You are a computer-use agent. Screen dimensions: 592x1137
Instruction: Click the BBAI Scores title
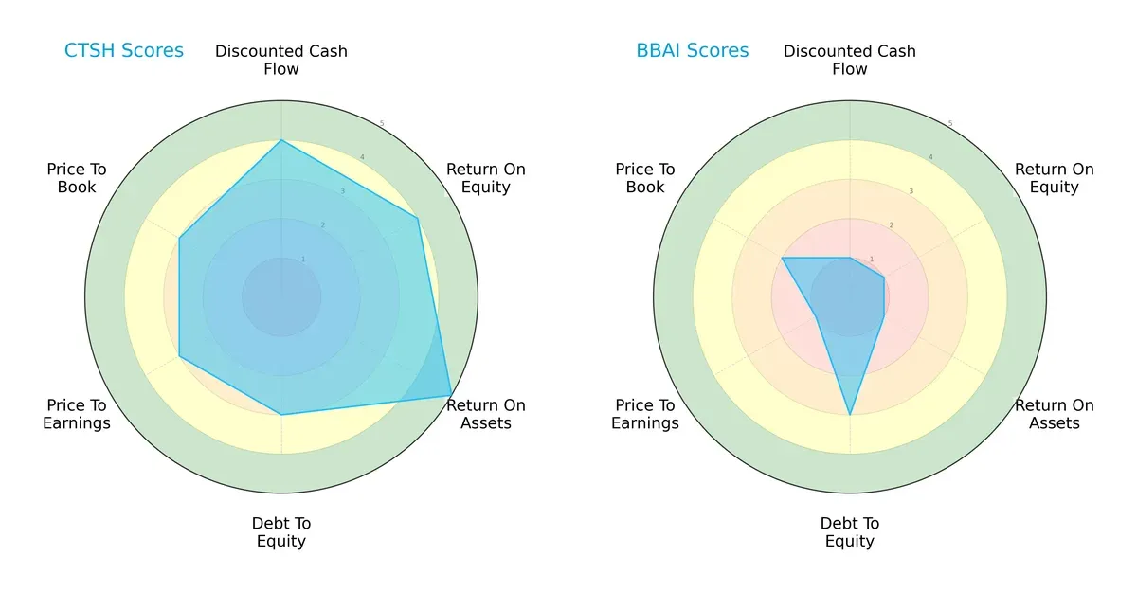tap(692, 50)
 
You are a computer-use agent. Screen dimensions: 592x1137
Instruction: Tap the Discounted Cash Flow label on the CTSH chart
tap(281, 60)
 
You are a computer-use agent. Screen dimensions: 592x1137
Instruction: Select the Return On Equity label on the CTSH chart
tap(486, 178)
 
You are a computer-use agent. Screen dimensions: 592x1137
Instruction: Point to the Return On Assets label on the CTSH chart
tap(486, 414)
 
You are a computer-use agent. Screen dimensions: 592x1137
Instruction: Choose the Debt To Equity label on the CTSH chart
tap(281, 532)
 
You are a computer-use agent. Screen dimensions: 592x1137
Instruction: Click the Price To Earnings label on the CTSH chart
tap(77, 414)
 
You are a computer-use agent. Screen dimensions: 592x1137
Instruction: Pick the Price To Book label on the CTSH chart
tap(77, 178)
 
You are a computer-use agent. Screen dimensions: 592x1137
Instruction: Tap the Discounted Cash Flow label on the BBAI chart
tap(850, 60)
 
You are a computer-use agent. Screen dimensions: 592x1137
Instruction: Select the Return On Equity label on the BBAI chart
tap(1055, 178)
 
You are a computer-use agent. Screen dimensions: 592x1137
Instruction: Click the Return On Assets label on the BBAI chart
tap(1055, 414)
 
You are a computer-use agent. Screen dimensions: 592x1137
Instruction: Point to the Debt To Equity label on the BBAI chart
tap(850, 532)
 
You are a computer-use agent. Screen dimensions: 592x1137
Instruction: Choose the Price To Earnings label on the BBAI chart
tap(645, 414)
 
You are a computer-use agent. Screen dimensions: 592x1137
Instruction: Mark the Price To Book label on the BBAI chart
tap(645, 178)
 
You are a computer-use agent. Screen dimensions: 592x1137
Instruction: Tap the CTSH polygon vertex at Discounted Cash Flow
tap(281, 141)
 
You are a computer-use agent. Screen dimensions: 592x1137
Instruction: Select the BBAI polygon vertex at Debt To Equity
tap(850, 415)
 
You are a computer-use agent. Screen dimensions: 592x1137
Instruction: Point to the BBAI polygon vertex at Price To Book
tap(783, 258)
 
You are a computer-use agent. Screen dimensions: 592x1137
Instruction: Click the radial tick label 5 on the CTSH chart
tap(382, 123)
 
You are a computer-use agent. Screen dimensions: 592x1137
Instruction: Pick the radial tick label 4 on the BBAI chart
tap(930, 157)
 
